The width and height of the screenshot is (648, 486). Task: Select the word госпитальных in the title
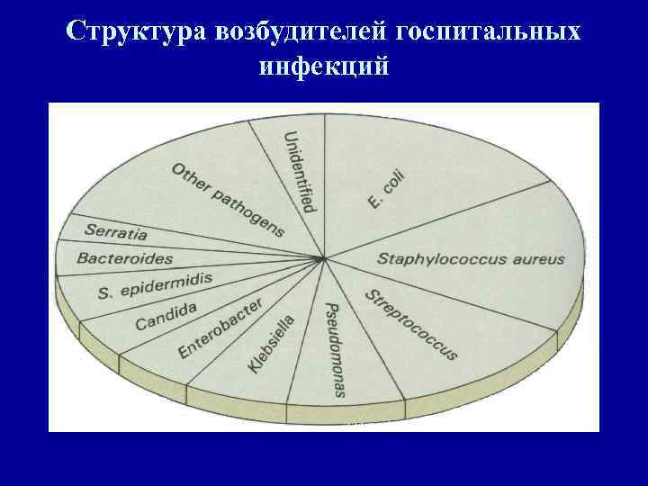point(487,31)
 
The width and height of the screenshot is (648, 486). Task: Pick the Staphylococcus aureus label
point(470,259)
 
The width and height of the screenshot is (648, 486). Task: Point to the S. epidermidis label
point(155,285)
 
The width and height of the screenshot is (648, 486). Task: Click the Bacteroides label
point(125,258)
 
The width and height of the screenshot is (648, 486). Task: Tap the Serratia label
point(115,231)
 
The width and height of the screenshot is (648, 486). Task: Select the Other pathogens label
point(228,198)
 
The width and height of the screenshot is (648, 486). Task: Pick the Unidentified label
point(299,171)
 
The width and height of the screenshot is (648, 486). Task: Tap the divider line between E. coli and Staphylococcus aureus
point(441,220)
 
